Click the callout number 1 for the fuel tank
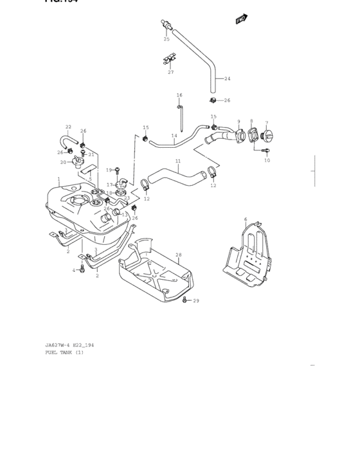59,179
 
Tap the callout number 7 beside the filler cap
266,122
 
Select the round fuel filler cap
267,136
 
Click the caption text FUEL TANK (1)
64,352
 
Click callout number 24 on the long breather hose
226,79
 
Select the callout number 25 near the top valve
166,39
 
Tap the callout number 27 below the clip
171,72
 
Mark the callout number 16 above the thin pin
180,95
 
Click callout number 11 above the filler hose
177,161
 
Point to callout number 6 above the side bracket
245,219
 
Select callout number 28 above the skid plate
178,255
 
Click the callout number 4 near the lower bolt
75,270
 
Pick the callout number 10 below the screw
267,160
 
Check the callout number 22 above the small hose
68,127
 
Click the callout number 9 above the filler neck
239,122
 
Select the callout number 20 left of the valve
64,162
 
